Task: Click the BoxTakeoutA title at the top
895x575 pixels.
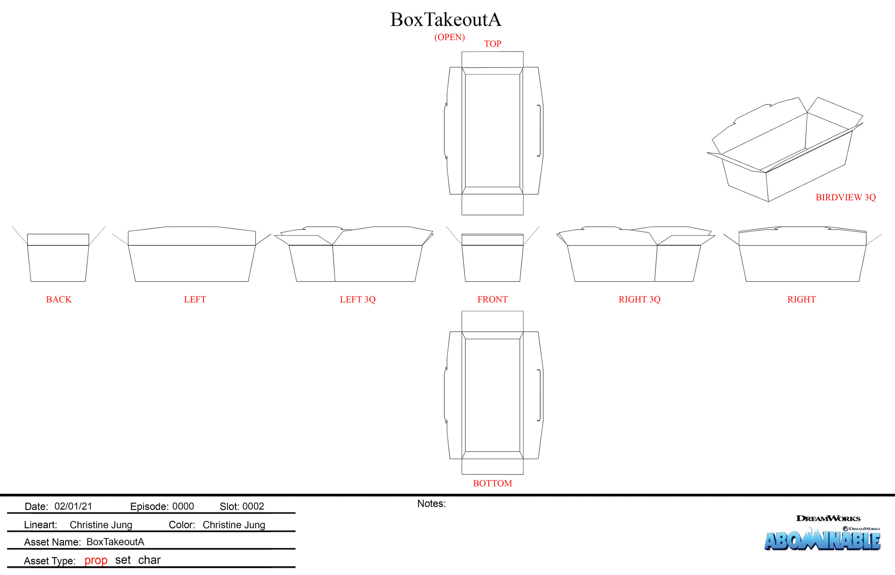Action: tap(446, 20)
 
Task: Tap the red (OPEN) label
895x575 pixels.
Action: tap(449, 37)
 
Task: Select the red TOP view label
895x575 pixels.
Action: tap(492, 44)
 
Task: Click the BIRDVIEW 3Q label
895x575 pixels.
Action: tap(845, 197)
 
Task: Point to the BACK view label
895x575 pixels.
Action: tap(59, 299)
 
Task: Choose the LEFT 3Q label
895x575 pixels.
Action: tap(358, 299)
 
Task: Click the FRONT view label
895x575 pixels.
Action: tap(492, 299)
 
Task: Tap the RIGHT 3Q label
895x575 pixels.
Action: tap(639, 299)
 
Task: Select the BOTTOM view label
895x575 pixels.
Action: tap(492, 483)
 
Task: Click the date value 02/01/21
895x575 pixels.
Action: tap(73, 506)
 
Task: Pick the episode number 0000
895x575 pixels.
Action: tap(183, 506)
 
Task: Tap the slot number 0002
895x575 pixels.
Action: tap(253, 506)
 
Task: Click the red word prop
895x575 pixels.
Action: tap(96, 560)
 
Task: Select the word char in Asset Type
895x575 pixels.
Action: tap(149, 560)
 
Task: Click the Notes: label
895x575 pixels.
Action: tap(431, 504)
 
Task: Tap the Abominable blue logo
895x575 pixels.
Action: tap(822, 540)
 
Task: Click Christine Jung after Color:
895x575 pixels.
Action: tap(234, 525)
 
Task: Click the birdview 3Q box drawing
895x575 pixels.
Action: tap(784, 157)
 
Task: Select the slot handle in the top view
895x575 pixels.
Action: tap(539, 131)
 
